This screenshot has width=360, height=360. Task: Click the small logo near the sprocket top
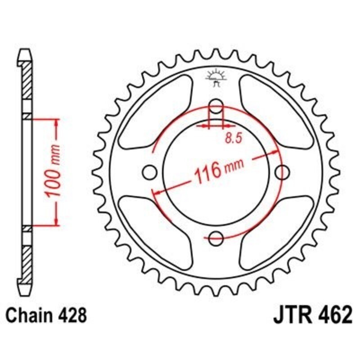(216, 77)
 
